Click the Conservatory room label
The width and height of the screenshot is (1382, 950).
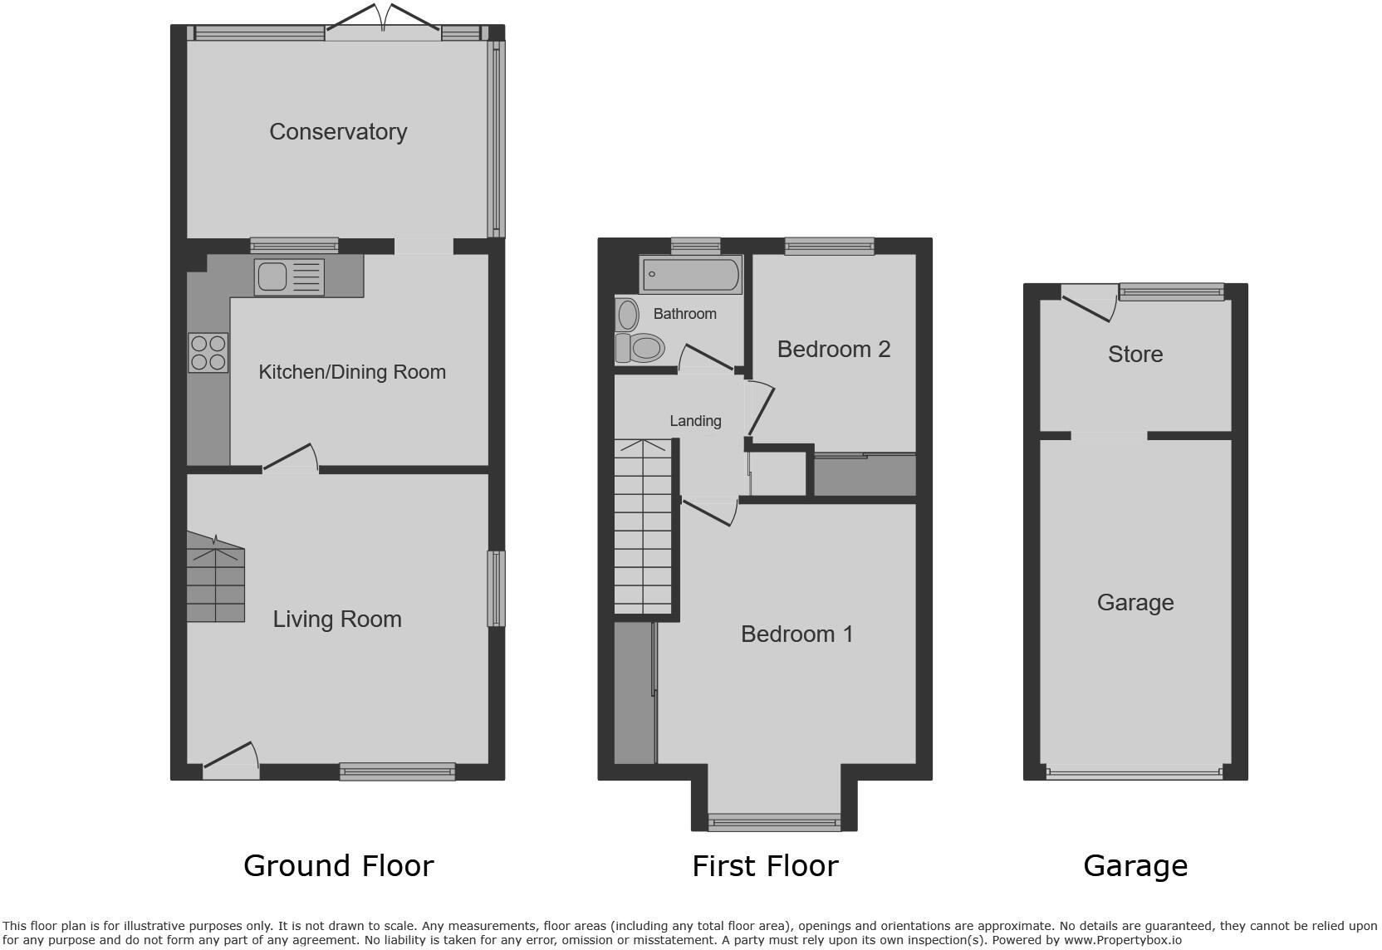pos(338,132)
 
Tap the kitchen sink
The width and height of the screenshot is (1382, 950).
pos(290,277)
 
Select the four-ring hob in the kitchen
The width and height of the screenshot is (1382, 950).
pos(208,352)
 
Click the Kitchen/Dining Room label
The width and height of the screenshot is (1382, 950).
pos(352,372)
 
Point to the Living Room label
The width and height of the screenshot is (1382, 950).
pos(337,619)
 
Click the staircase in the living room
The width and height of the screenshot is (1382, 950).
pos(215,580)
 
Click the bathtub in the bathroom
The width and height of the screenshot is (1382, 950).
pos(691,275)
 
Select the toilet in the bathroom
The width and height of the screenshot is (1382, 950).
pos(640,348)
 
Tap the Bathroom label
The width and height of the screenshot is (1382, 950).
pos(684,314)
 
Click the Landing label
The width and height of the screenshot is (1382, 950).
pos(695,421)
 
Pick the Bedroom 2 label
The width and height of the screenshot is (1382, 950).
pos(834,350)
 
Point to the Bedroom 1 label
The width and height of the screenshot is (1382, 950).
pos(796,634)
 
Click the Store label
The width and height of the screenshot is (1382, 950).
pos(1135,355)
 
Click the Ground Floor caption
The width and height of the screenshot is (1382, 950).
pos(338,866)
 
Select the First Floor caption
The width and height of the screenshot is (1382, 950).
pos(765,866)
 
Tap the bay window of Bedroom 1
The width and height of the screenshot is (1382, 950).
pos(774,822)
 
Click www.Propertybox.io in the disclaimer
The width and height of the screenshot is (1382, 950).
pos(1122,940)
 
